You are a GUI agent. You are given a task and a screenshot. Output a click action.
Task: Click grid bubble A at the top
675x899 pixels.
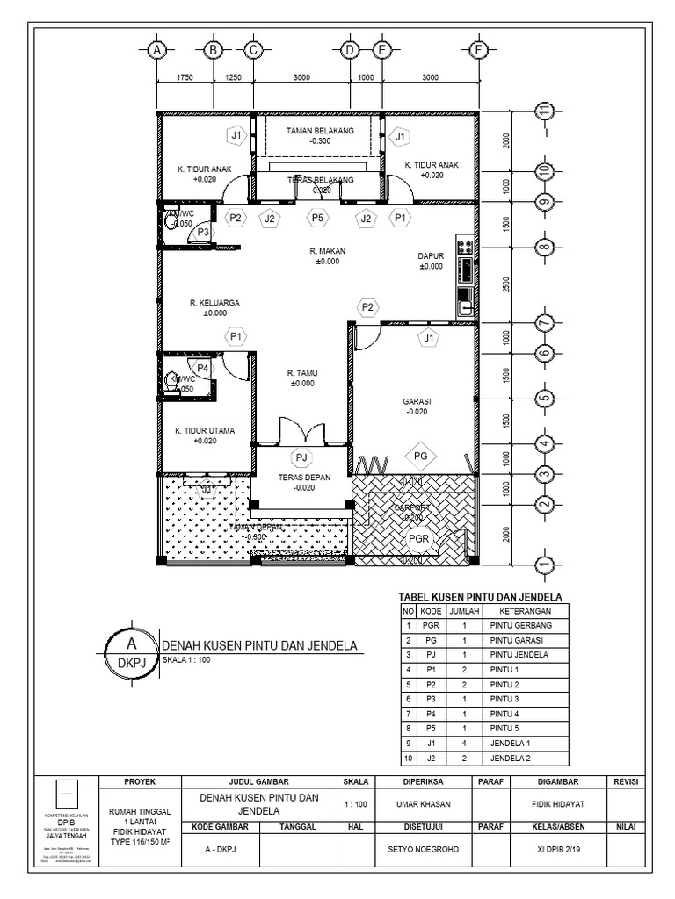(156, 50)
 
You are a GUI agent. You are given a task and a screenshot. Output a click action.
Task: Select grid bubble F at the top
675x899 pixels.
(478, 50)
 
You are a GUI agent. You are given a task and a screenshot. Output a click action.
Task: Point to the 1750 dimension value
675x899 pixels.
(185, 77)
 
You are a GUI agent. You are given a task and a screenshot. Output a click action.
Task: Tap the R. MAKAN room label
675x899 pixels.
(327, 251)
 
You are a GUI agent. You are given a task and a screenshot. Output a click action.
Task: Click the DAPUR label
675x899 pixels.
(431, 257)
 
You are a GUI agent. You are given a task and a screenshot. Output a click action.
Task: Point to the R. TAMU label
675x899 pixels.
(301, 373)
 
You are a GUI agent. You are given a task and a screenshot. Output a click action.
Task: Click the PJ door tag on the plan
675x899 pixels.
(301, 457)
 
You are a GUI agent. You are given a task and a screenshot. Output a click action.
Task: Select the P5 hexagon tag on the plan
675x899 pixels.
(317, 218)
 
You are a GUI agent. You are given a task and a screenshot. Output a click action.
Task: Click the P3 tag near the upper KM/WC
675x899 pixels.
(203, 232)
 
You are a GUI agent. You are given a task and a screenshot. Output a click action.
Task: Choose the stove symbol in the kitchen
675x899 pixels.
(465, 248)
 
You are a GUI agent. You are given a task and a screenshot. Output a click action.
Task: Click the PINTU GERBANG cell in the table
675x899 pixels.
(518, 626)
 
